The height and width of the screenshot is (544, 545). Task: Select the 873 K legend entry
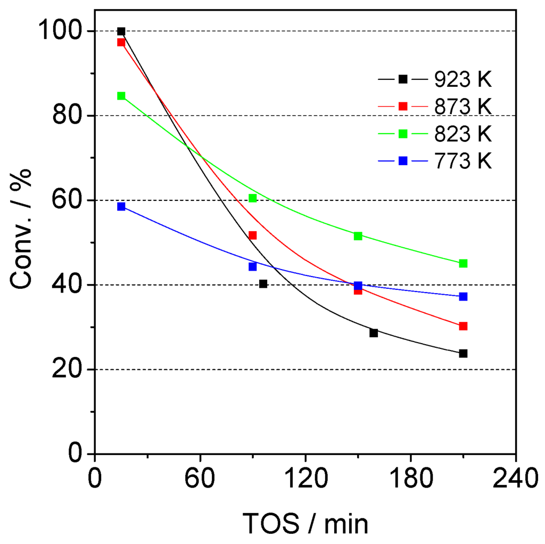(434, 106)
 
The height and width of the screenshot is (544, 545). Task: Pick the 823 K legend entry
(434, 133)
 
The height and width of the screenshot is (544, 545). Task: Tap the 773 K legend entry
(434, 160)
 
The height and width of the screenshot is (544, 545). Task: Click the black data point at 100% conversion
(121, 31)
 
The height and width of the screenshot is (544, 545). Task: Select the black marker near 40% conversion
(263, 284)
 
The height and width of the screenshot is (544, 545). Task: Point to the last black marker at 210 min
(463, 353)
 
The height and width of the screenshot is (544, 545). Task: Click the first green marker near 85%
(121, 96)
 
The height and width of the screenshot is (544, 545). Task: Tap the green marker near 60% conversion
(252, 198)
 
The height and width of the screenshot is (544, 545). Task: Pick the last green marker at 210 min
(463, 263)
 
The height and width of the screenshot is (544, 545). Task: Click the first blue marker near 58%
(121, 207)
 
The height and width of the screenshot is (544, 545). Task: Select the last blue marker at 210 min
(463, 297)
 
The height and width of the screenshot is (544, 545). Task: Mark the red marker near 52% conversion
(252, 235)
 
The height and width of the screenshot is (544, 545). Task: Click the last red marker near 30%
(463, 326)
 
